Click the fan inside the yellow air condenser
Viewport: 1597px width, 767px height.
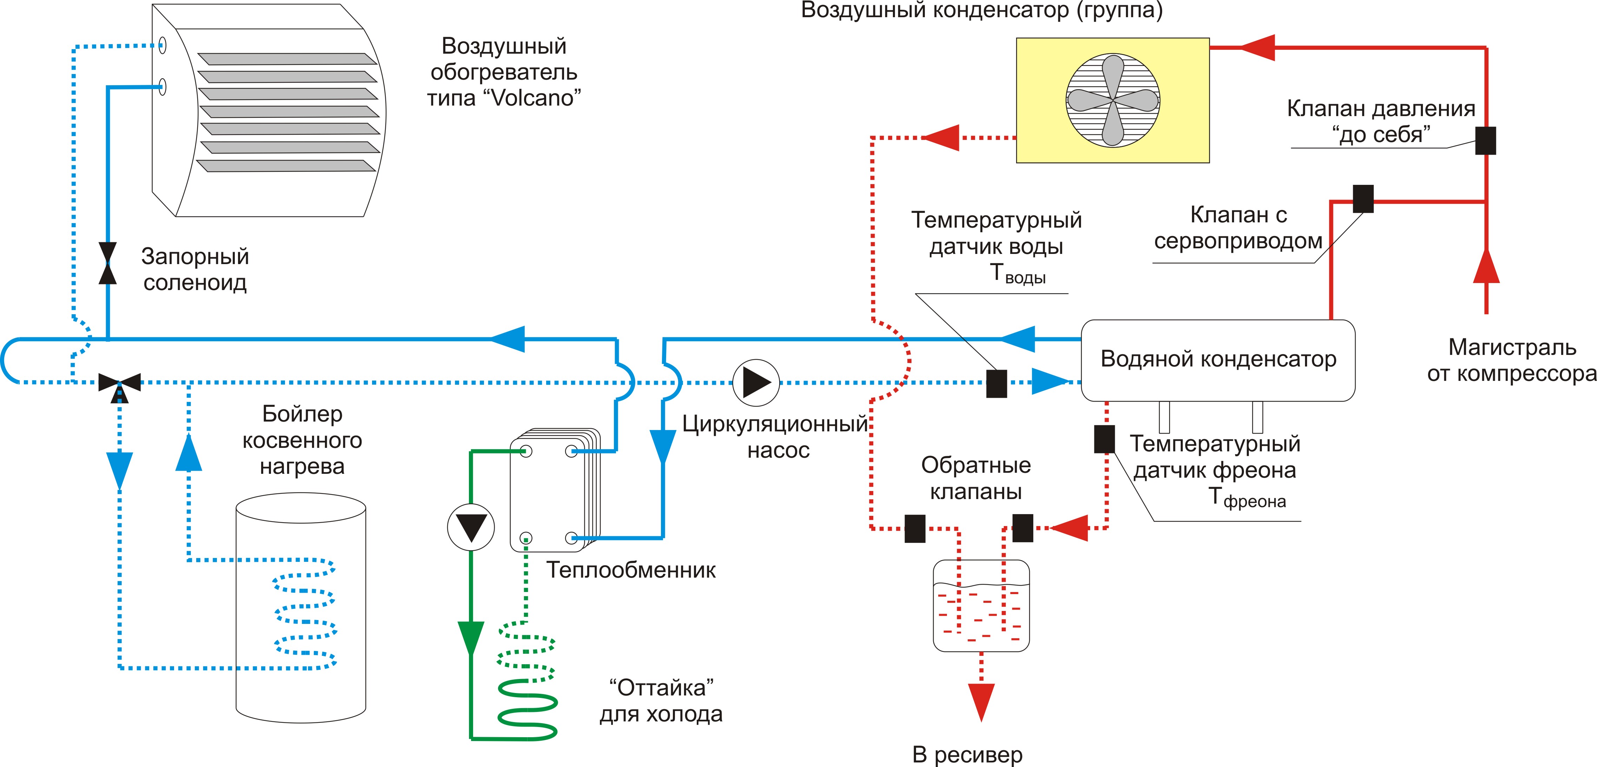click(1113, 100)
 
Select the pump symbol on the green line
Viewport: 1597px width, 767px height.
click(471, 528)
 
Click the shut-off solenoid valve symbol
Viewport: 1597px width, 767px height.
click(108, 263)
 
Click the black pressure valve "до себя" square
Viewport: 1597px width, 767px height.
click(1485, 141)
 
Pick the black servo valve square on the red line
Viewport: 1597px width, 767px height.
click(1363, 199)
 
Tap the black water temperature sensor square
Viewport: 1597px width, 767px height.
click(996, 384)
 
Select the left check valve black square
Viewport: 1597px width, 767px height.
click(915, 529)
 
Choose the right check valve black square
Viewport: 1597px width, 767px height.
click(1023, 528)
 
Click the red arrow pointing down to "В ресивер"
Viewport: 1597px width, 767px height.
click(981, 702)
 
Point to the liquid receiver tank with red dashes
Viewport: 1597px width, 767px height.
click(981, 605)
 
